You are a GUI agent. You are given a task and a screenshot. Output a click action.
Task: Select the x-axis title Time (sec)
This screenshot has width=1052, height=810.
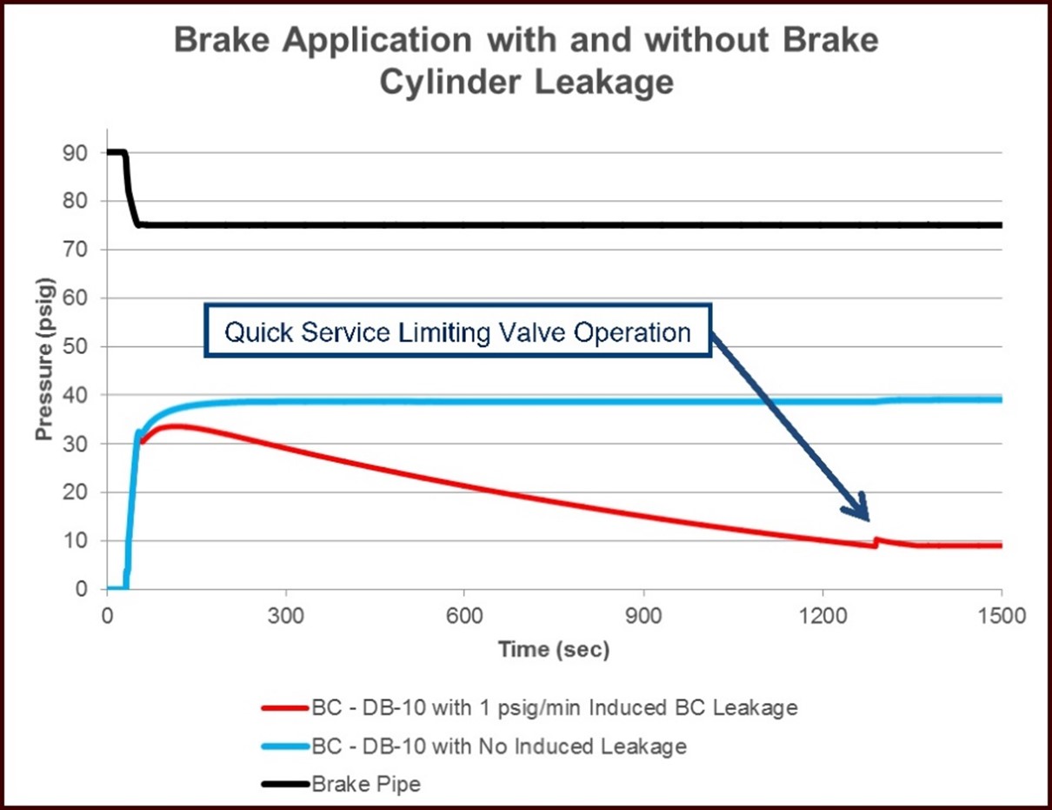tap(554, 650)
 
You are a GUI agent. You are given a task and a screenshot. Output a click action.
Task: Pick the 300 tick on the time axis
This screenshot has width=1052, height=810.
tap(286, 613)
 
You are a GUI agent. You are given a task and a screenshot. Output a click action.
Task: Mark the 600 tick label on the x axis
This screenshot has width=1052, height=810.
tap(465, 613)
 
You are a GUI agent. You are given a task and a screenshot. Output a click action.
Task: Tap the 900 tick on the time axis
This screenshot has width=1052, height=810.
tap(644, 613)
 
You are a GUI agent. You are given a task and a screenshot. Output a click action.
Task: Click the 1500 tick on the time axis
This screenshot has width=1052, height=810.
tap(1002, 613)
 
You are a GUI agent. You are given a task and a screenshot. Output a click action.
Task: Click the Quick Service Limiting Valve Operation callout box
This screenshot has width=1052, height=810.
tap(458, 331)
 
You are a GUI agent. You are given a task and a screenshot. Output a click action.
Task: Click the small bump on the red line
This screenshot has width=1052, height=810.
tap(877, 540)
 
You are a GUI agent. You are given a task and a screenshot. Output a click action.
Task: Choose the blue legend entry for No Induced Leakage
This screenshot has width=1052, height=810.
tap(473, 746)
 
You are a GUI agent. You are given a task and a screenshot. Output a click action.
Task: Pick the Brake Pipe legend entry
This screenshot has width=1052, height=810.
tap(341, 784)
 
